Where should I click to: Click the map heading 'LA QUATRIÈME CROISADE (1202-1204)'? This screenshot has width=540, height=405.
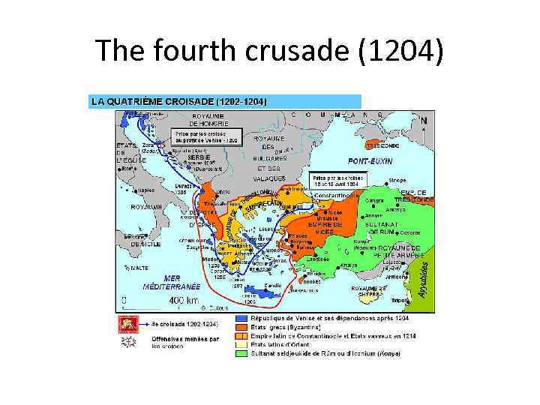pos(178,100)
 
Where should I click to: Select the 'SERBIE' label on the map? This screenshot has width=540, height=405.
pos(199,157)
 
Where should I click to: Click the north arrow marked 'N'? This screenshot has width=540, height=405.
pos(424,120)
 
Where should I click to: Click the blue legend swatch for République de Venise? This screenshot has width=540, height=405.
pos(241,319)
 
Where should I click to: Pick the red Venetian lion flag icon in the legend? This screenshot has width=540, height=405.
pos(126,324)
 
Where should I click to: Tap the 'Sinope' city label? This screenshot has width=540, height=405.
pos(398,180)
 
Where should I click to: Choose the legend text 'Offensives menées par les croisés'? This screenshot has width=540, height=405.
pos(178,342)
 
